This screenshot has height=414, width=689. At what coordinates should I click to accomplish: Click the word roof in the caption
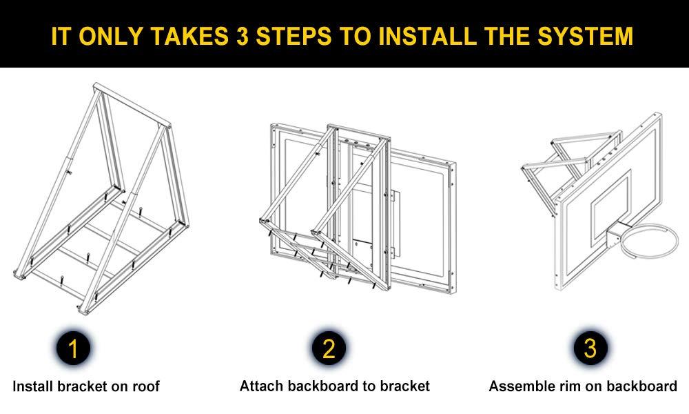click(145, 386)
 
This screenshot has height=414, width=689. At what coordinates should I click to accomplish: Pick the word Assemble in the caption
click(519, 386)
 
